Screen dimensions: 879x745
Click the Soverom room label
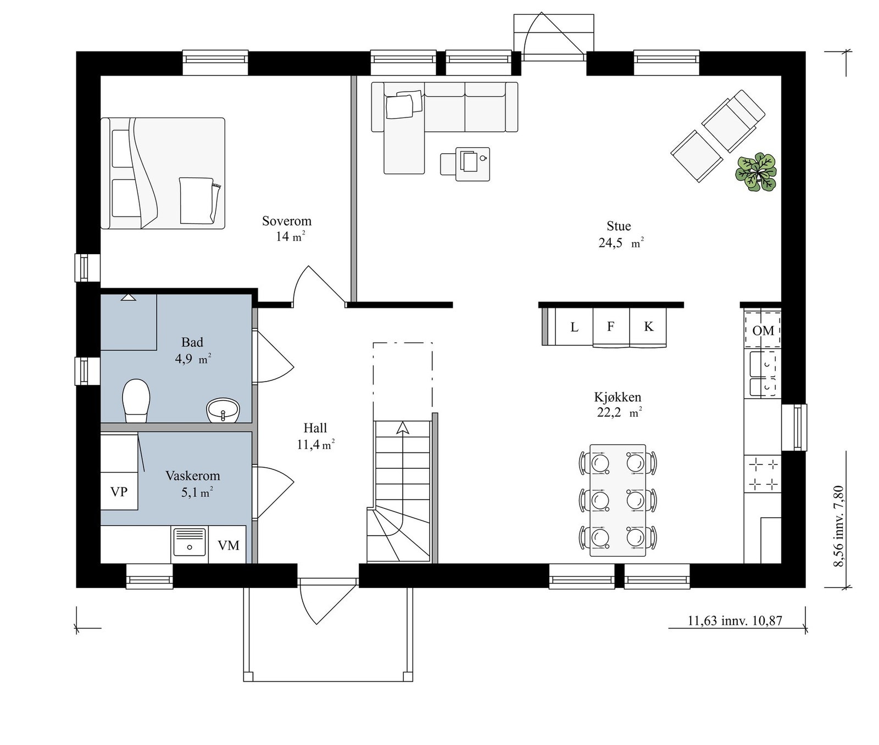coord(287,221)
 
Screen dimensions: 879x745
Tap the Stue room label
coord(619,226)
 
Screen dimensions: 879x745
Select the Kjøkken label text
coord(617,397)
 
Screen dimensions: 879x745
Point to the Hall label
coord(315,428)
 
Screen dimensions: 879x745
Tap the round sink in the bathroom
coord(224,410)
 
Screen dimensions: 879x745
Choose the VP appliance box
coord(119,491)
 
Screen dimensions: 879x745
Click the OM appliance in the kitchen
coord(763,330)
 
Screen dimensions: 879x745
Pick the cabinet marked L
coord(574,327)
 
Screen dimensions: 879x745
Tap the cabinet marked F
coord(611,327)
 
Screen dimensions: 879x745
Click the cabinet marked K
coord(648,327)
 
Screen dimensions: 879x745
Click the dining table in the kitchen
coord(618,500)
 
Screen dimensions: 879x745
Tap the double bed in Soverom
coord(163,173)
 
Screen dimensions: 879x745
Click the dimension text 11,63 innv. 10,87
coord(735,621)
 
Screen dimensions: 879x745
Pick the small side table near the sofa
coord(472,164)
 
